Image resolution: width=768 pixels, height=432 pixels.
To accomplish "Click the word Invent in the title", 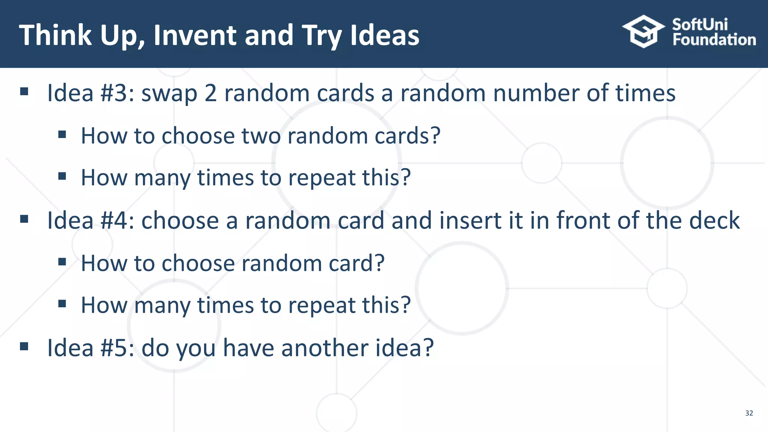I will click(195, 35).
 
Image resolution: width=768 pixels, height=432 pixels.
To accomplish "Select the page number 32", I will click(749, 413).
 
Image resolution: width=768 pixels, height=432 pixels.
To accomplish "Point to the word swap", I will click(169, 94).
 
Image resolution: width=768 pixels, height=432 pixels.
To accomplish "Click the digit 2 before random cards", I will click(211, 93).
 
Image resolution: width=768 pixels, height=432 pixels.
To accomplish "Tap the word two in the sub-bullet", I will click(261, 136).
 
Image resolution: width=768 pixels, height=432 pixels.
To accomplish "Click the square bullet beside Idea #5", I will click(24, 346).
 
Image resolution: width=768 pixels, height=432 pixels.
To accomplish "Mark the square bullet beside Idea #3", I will click(24, 91).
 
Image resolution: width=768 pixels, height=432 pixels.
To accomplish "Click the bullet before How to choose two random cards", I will click(62, 134).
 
